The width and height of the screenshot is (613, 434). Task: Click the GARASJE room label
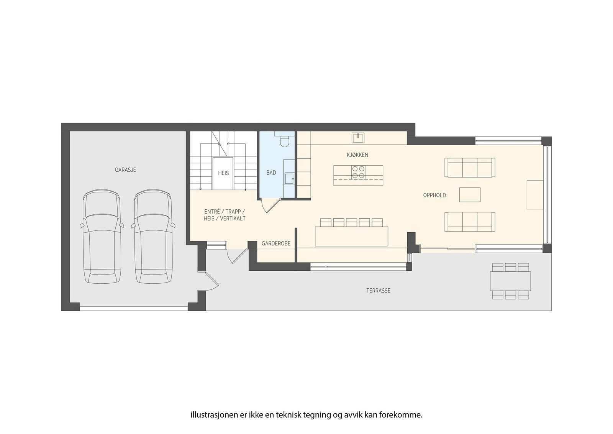coord(125,170)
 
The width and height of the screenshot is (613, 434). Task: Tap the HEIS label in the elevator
coord(223,173)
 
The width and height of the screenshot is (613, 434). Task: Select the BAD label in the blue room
coord(271,173)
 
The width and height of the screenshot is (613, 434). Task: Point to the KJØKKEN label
coord(357,155)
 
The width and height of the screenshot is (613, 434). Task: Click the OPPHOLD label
coord(434,195)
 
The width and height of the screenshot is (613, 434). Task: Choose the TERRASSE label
coord(378,291)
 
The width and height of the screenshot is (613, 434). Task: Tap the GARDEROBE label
coord(276,243)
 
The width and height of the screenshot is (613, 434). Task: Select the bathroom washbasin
coord(289,178)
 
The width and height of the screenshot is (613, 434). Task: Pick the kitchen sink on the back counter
coord(358,137)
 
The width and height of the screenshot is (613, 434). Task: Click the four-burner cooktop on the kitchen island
coord(359,172)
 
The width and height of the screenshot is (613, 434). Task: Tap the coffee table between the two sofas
coord(470,195)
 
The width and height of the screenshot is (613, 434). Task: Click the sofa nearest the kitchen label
coord(470,168)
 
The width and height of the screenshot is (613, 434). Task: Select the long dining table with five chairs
coord(351,236)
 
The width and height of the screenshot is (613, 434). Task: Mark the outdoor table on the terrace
coord(510,281)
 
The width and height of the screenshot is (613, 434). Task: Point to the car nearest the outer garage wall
coord(102,237)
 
